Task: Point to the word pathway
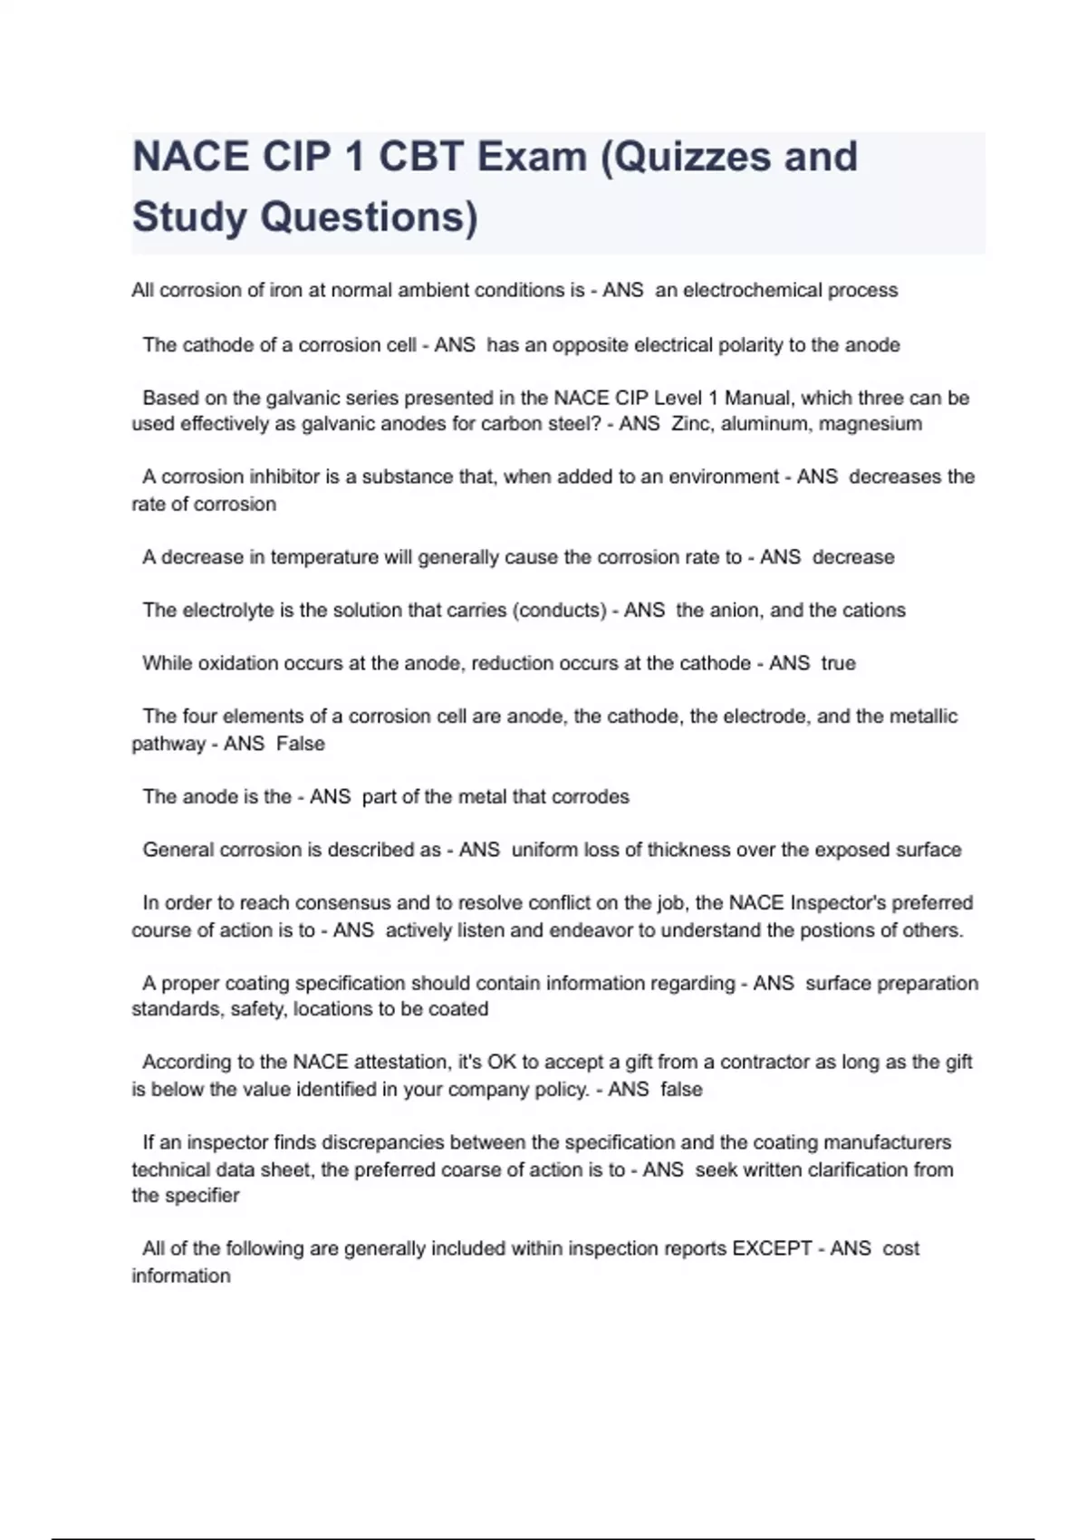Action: click(168, 745)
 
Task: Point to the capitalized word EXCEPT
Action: click(772, 1248)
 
